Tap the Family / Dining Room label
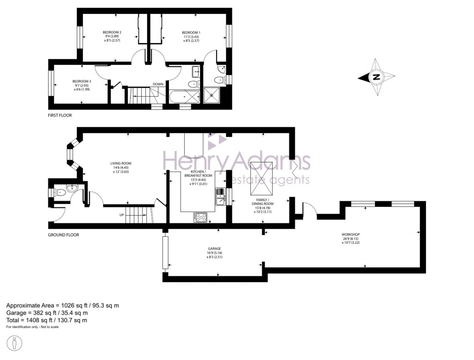point(262,200)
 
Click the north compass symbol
point(376,77)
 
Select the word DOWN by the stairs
point(157,84)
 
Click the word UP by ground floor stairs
point(121,215)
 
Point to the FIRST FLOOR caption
point(60,115)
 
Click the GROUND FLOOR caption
point(63,235)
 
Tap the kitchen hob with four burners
point(200,217)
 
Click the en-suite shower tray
point(213,95)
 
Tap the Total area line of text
point(47,320)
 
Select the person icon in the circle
point(15,344)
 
